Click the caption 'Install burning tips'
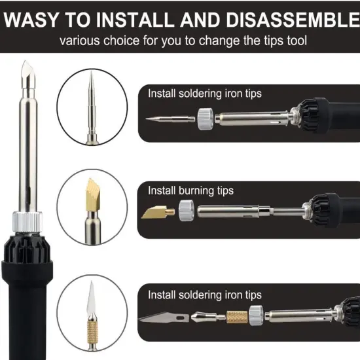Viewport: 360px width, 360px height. click(x=190, y=191)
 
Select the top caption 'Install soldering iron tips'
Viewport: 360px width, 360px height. click(x=204, y=94)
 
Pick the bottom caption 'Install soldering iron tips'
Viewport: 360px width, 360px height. click(x=204, y=295)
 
